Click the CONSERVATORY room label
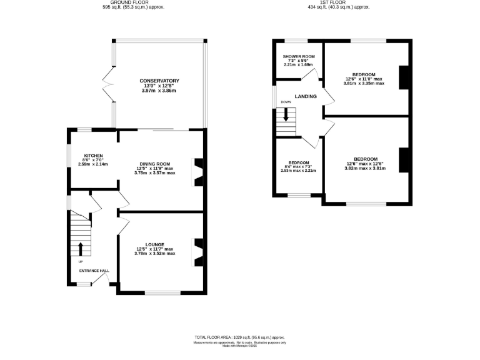point(159,81)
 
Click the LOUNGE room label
point(155,244)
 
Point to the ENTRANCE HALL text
point(94,271)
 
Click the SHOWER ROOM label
point(298,56)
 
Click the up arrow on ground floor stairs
point(80,248)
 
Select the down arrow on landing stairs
point(286,114)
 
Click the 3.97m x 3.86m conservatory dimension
point(159,91)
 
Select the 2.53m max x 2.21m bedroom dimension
point(297,170)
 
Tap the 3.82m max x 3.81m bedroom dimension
point(365,168)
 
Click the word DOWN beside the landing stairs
point(286,102)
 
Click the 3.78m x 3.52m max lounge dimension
point(155,253)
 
